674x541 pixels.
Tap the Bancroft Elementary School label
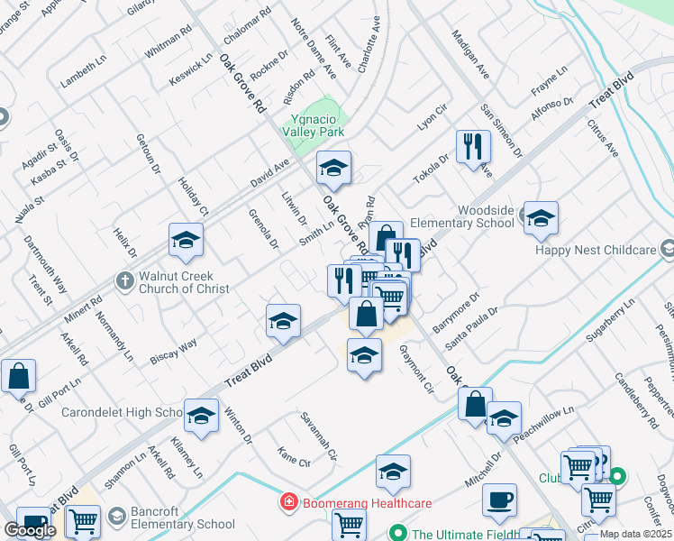point(182,518)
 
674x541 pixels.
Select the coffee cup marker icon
point(499,500)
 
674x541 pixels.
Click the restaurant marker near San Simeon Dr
point(473,145)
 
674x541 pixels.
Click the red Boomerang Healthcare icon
point(288,502)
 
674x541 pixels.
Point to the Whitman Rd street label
point(168,41)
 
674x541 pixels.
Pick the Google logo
point(30,530)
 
